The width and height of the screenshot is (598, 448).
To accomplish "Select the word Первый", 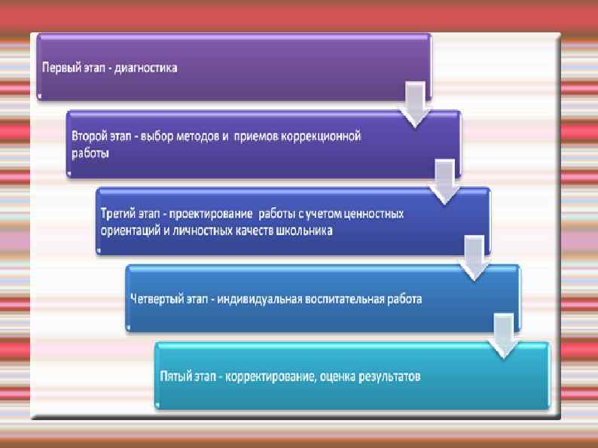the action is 57,68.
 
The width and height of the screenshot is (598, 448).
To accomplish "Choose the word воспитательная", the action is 346,299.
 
